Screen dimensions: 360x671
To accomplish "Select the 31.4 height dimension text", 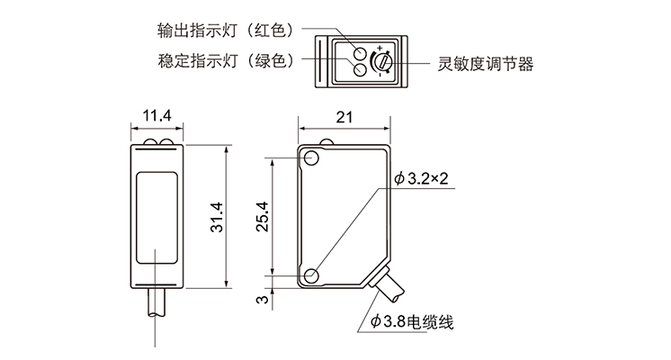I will pyautogui.click(x=215, y=217).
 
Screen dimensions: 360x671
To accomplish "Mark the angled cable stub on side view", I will pyautogui.click(x=389, y=287).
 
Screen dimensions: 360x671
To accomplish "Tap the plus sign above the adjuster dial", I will pyautogui.click(x=380, y=46).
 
